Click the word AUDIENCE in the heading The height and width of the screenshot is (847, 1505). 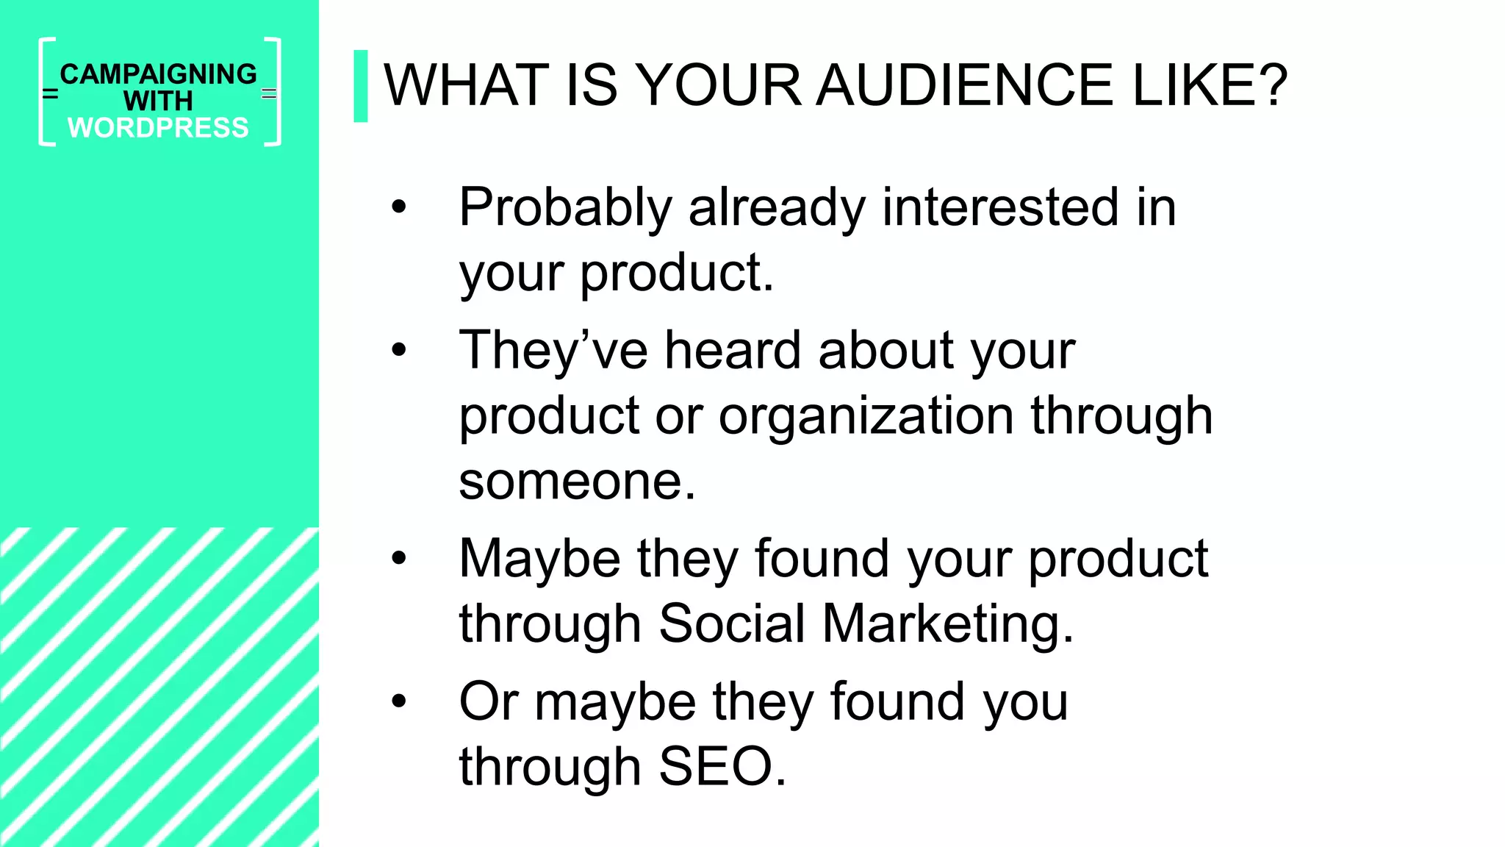point(966,85)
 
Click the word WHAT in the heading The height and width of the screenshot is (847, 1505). point(466,85)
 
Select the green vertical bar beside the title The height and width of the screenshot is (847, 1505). point(360,86)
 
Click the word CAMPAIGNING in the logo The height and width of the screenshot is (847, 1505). point(159,74)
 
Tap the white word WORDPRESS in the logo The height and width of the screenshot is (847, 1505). point(159,128)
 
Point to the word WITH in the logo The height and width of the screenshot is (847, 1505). point(158,101)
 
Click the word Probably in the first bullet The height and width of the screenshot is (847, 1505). point(565,208)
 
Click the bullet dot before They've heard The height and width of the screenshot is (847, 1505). point(399,350)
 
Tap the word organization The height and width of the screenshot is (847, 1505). point(867,416)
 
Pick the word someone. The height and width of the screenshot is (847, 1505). point(577,482)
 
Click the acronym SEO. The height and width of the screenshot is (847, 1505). point(722,767)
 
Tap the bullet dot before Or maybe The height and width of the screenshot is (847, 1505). point(399,701)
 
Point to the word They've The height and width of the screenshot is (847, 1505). point(553,350)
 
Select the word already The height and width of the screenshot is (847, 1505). point(777,208)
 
